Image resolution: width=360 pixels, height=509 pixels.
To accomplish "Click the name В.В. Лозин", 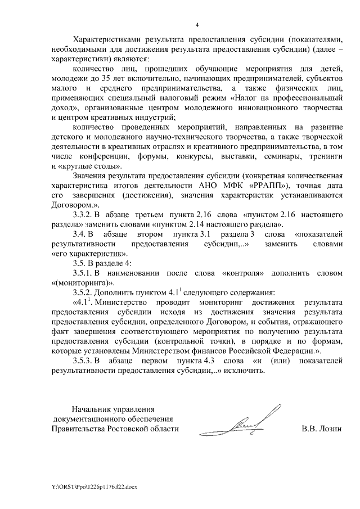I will pyautogui.click(x=321, y=429).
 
